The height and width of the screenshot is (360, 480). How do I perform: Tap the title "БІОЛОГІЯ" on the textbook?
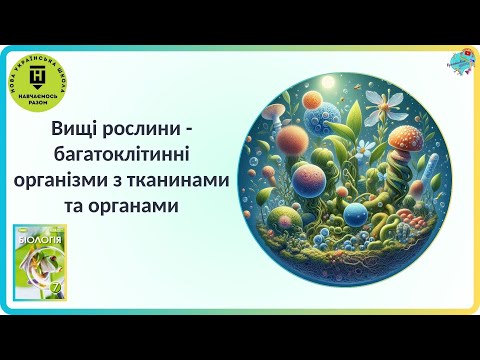pos(37,241)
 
